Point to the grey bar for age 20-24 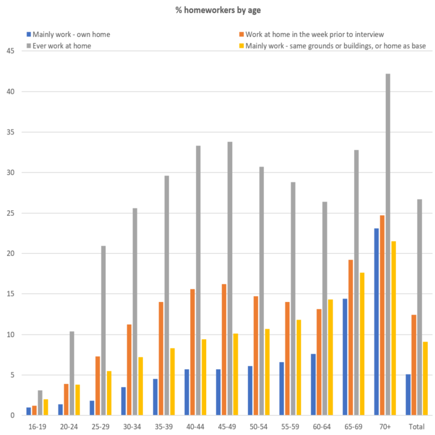coord(72,373)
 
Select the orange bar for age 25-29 coord(97,386)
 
